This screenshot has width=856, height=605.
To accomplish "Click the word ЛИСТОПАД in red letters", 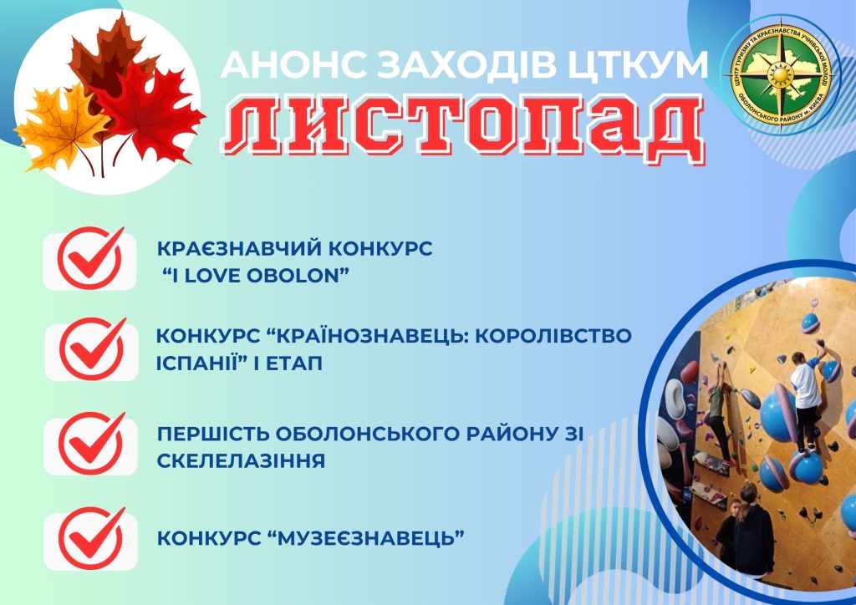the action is [464, 130].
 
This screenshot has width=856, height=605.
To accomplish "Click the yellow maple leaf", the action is [60, 128].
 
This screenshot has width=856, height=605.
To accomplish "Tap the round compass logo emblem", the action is [781, 74].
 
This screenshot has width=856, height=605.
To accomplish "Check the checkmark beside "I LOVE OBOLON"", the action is [91, 258].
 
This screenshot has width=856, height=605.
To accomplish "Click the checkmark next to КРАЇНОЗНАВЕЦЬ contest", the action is [92, 349].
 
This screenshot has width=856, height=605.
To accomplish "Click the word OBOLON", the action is [298, 276].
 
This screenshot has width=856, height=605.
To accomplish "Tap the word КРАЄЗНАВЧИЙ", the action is [231, 248].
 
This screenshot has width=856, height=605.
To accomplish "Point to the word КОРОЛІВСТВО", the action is [553, 335].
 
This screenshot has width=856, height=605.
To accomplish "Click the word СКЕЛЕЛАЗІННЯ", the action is [241, 460].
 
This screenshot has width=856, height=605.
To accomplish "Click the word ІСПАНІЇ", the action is [199, 363].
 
